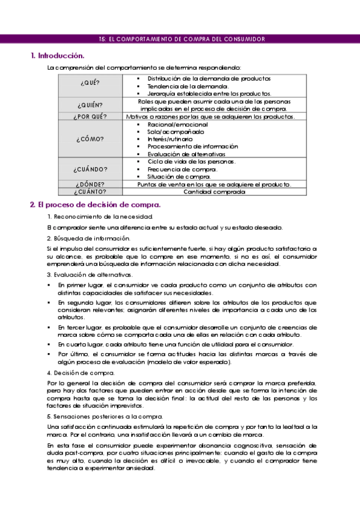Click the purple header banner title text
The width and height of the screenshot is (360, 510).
(181, 39)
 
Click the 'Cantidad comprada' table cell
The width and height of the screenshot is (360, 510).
(214, 192)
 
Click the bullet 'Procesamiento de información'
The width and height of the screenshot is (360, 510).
(192, 146)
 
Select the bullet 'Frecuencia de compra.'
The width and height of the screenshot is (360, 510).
(182, 169)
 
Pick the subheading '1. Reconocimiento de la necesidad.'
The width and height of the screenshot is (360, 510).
(96, 217)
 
